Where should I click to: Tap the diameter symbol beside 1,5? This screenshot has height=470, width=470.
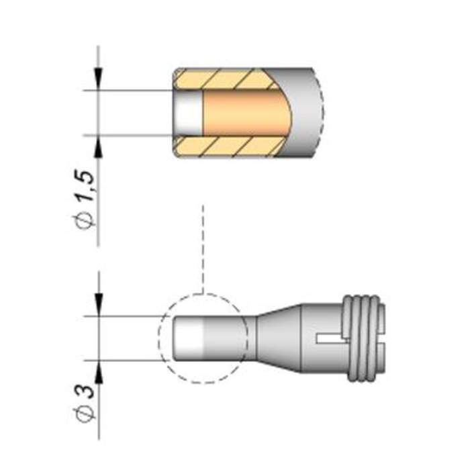87,221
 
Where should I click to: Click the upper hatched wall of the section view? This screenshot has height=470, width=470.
228,79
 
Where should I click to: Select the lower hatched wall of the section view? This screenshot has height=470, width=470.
228,146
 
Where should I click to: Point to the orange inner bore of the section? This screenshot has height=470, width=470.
242,113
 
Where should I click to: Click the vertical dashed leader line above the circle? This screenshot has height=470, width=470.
202,248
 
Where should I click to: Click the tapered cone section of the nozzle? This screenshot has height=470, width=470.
275,338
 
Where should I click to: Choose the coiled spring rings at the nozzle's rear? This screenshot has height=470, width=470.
366,338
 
